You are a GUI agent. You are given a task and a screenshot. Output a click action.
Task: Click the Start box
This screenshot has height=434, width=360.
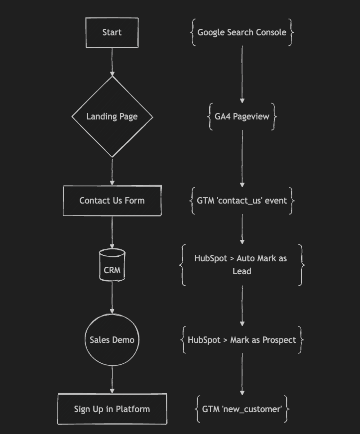(x=112, y=32)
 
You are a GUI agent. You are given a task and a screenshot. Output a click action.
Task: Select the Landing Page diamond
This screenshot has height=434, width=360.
(x=112, y=117)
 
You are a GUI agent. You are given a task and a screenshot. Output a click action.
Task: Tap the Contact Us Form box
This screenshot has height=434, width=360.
(x=112, y=201)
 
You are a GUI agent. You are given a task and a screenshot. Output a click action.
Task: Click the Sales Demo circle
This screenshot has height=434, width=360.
(x=112, y=340)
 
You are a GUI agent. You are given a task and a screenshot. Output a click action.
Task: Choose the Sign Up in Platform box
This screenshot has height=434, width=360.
(x=112, y=409)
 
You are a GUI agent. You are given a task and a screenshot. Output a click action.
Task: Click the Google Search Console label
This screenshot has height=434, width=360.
(x=242, y=32)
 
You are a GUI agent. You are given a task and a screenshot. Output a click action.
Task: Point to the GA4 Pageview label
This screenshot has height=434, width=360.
(x=242, y=117)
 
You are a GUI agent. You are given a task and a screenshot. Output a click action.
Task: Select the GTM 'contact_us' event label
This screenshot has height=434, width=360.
(x=242, y=201)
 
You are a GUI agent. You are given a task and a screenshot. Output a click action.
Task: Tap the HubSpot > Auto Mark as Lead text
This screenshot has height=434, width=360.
(x=242, y=265)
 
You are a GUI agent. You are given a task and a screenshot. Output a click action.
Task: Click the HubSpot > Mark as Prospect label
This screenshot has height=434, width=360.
(x=242, y=340)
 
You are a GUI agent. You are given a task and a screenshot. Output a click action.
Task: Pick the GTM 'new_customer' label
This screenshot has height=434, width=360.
(x=242, y=409)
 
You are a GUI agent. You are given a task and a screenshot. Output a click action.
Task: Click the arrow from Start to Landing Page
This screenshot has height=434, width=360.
(x=112, y=62)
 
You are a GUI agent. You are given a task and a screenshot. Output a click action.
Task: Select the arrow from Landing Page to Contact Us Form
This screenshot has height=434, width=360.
(x=112, y=172)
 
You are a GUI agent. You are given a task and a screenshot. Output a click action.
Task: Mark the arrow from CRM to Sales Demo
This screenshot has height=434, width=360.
(x=112, y=297)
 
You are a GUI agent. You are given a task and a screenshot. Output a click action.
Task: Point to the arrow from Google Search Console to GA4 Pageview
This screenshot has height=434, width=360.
(x=242, y=75)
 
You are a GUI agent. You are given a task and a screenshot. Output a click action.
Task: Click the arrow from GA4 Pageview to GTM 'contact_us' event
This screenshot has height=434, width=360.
(x=242, y=159)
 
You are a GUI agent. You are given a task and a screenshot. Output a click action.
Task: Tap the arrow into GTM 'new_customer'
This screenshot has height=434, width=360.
(x=242, y=373)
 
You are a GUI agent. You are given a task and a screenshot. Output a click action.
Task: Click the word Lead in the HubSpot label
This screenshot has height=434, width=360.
(x=242, y=272)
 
